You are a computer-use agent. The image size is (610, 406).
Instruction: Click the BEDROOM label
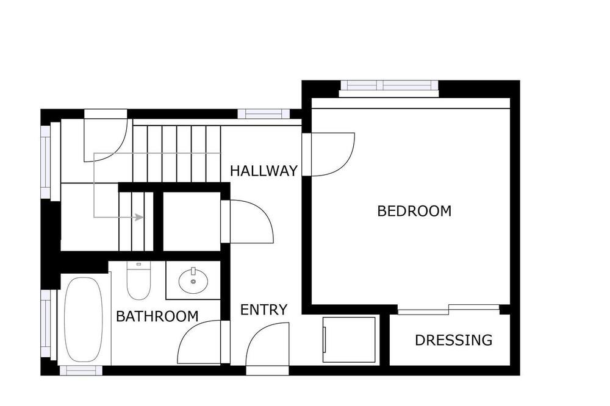click(414, 211)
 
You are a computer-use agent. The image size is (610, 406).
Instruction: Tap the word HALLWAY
click(264, 171)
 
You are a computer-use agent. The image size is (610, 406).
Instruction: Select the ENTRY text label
click(264, 310)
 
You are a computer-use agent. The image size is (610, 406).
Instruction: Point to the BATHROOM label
click(157, 316)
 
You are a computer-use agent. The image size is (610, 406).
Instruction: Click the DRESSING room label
click(454, 340)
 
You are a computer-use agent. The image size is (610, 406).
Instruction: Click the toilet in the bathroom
click(138, 280)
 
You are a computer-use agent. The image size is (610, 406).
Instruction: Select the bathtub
click(83, 319)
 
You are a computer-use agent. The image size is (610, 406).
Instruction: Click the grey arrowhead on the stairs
click(139, 217)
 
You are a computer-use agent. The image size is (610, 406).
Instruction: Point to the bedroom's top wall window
click(389, 88)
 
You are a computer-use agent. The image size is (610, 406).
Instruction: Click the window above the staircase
click(264, 114)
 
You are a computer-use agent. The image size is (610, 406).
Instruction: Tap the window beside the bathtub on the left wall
click(46, 324)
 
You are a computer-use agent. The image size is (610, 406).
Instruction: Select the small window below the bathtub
click(81, 371)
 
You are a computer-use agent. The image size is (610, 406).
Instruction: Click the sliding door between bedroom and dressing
click(448, 309)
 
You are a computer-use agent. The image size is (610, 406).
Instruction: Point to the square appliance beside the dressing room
click(349, 340)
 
